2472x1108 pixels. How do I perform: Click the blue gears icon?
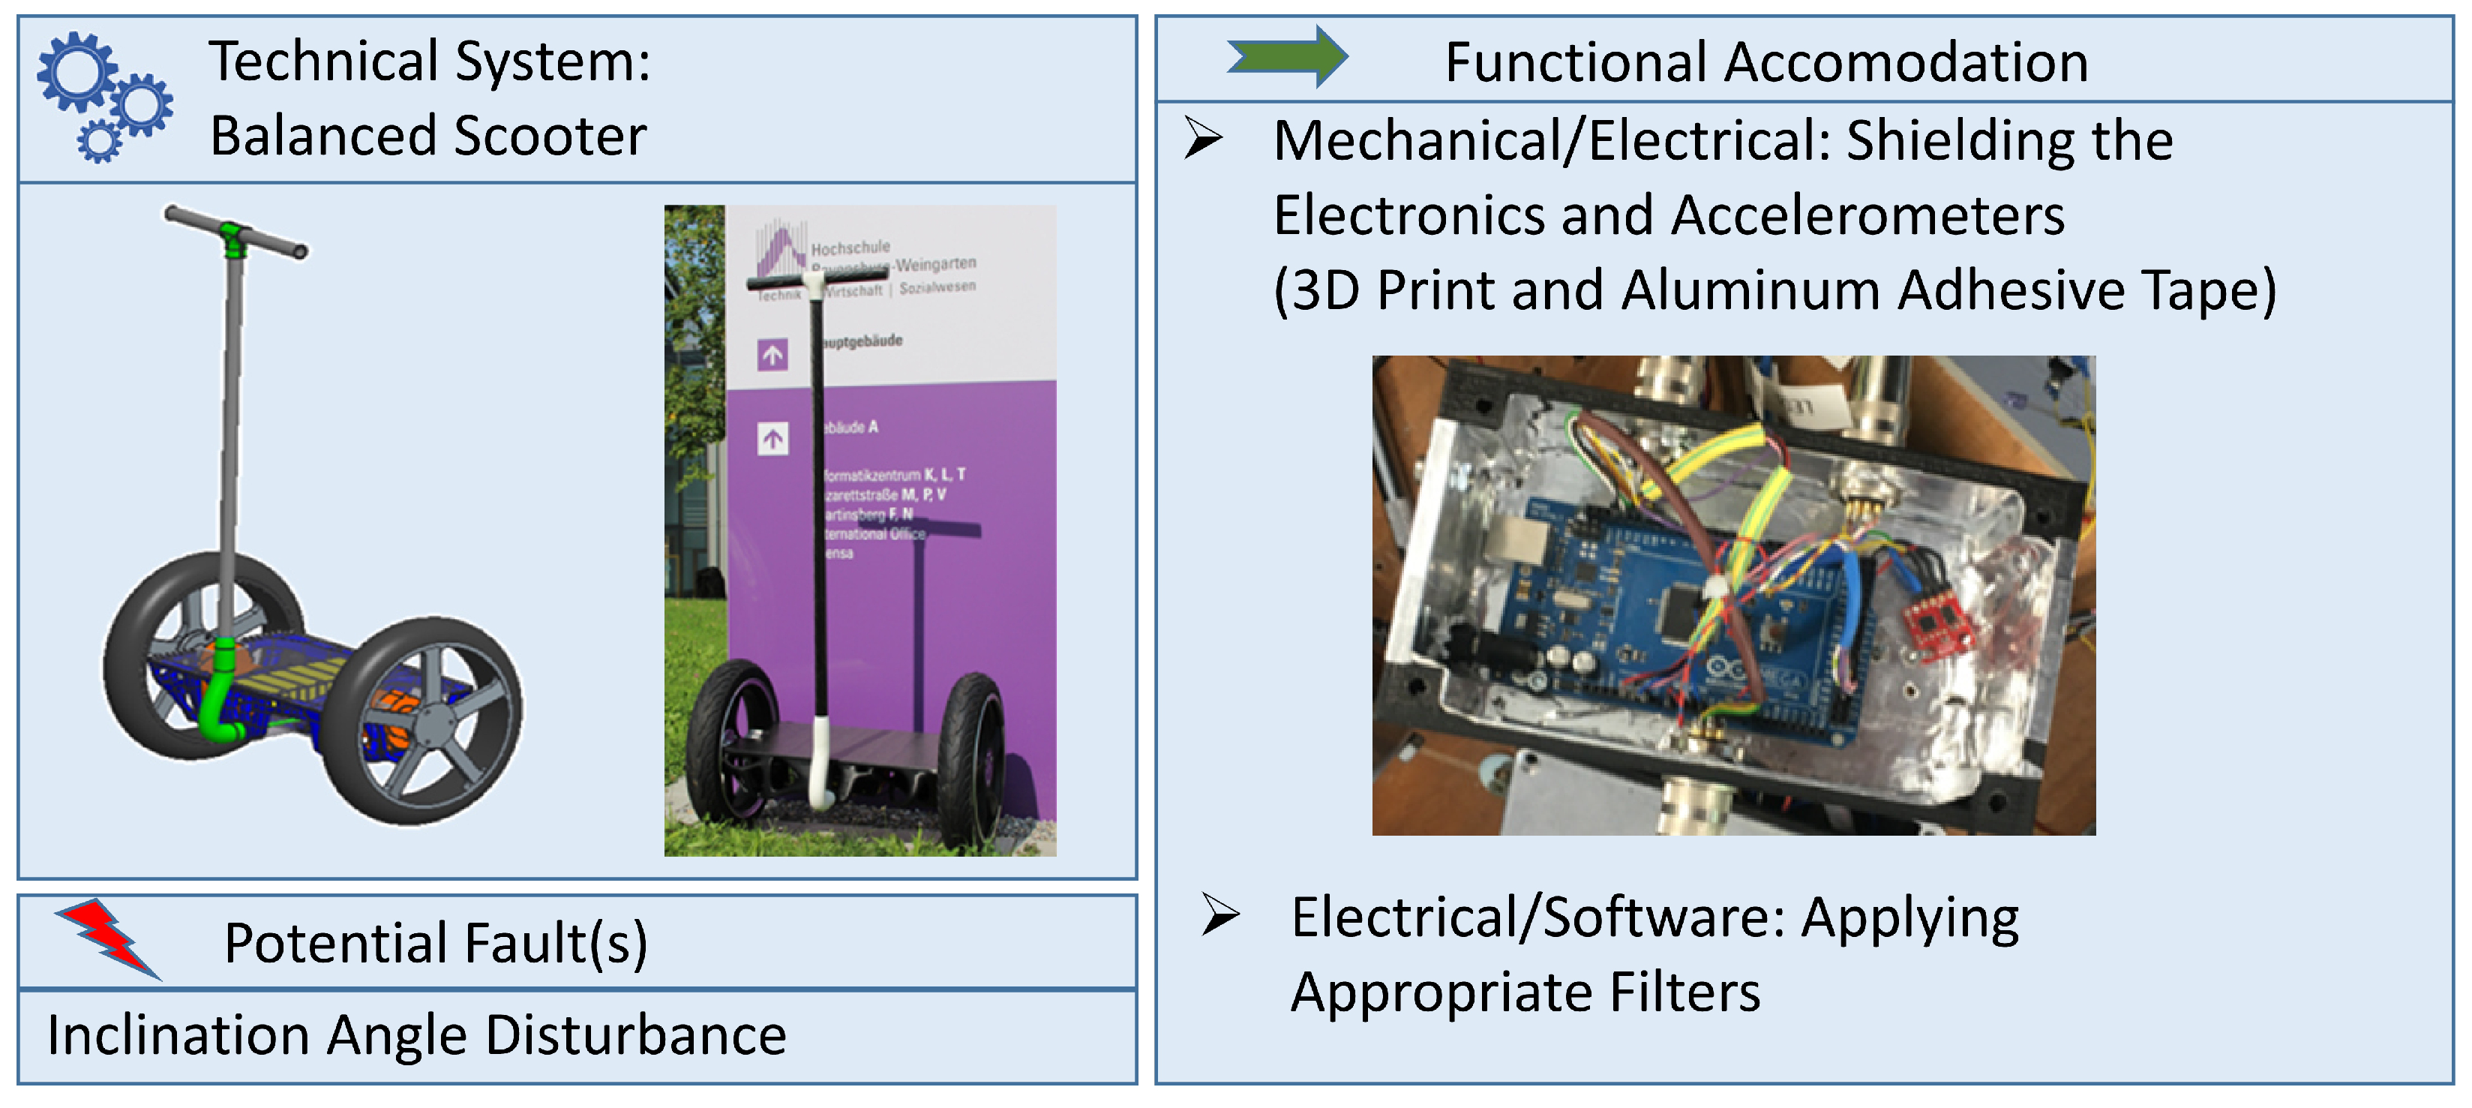coord(103,96)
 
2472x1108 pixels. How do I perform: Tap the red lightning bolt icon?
coord(107,938)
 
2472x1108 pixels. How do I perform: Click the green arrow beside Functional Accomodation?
coord(1287,57)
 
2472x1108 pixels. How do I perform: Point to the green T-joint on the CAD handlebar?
coord(233,238)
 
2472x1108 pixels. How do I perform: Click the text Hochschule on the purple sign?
coord(850,248)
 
